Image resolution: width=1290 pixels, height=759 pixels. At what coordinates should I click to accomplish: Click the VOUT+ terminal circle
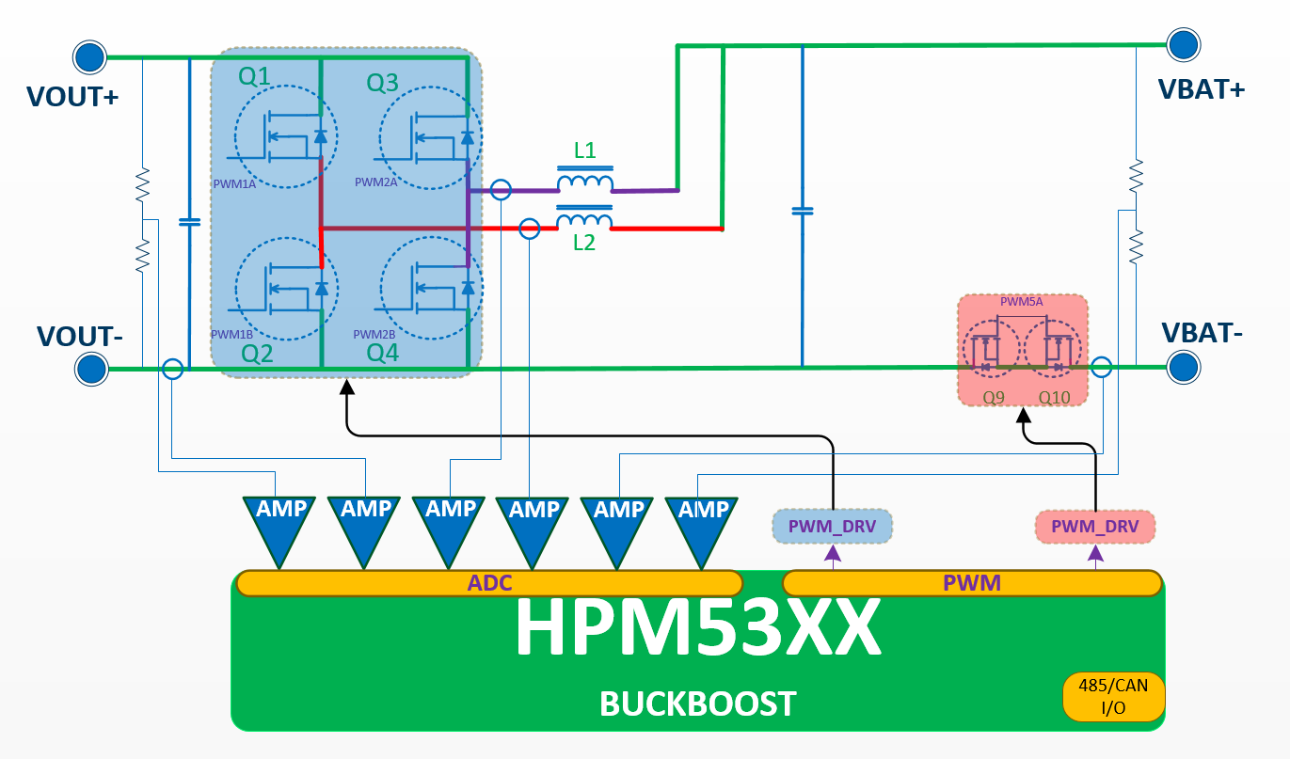pyautogui.click(x=89, y=57)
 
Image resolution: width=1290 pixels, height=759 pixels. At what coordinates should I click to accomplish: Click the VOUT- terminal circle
pyautogui.click(x=90, y=368)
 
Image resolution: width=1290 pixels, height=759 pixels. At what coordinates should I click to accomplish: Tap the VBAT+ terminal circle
pyautogui.click(x=1183, y=44)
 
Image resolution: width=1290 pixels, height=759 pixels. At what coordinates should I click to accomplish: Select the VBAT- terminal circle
pyautogui.click(x=1183, y=367)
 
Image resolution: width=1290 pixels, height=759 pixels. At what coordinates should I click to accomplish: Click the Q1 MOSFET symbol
pyautogui.click(x=279, y=138)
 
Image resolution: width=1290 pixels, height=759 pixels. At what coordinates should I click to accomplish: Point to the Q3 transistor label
pyautogui.click(x=382, y=84)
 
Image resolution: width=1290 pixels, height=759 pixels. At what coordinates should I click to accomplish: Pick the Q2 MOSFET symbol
pyautogui.click(x=280, y=287)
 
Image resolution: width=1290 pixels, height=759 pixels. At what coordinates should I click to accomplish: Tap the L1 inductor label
pyautogui.click(x=584, y=150)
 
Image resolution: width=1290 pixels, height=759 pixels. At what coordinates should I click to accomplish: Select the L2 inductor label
pyautogui.click(x=584, y=243)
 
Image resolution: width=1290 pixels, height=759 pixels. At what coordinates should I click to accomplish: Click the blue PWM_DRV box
pyautogui.click(x=832, y=527)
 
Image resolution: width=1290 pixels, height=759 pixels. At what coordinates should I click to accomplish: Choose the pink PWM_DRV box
pyautogui.click(x=1095, y=527)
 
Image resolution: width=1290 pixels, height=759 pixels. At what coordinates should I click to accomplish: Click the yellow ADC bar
pyautogui.click(x=489, y=583)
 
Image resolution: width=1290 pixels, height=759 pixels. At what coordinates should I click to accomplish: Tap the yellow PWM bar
pyautogui.click(x=972, y=583)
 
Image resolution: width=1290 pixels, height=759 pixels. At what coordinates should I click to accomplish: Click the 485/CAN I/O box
pyautogui.click(x=1114, y=696)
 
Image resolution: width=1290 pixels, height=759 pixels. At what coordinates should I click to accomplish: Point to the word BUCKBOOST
pyautogui.click(x=698, y=703)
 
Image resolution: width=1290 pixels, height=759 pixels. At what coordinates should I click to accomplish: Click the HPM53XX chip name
pyautogui.click(x=697, y=628)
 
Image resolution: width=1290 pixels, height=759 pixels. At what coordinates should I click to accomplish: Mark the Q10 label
pyautogui.click(x=1055, y=398)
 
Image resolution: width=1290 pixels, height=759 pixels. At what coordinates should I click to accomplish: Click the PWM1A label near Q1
pyautogui.click(x=235, y=184)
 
